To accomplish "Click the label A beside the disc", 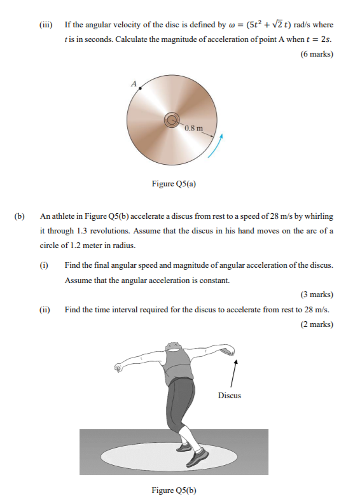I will [x=134, y=83].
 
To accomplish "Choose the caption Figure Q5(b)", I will [x=174, y=490].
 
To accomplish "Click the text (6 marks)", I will [x=316, y=54].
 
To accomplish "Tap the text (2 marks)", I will [x=316, y=324].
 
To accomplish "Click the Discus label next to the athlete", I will [x=230, y=396].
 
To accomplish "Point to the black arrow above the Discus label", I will [x=236, y=372].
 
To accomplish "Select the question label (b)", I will [x=20, y=216].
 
